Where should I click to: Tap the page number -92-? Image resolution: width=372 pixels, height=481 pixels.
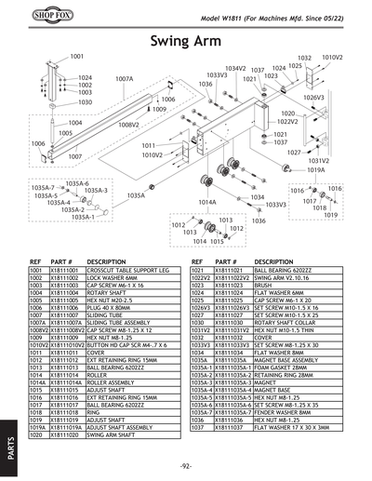[185, 464]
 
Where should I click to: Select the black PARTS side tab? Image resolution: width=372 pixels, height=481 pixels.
[8, 443]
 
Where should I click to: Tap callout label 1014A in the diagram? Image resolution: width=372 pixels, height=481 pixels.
[207, 202]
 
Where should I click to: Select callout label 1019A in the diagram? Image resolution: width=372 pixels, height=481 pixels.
[316, 170]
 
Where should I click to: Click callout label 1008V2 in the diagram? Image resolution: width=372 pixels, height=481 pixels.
[127, 124]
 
